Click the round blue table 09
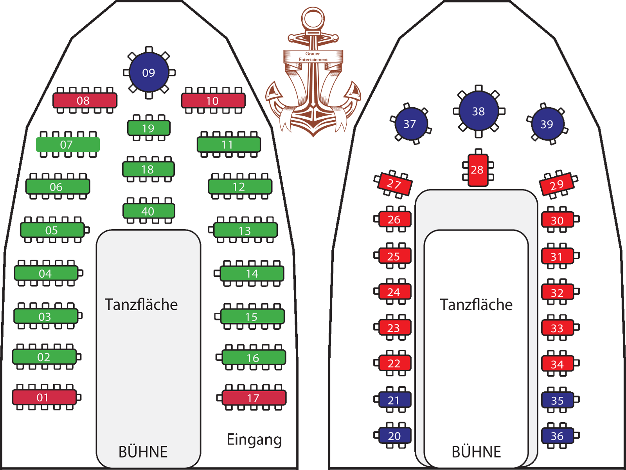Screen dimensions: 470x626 click(149, 72)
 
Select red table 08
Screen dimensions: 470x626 click(85, 100)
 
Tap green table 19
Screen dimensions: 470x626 click(149, 128)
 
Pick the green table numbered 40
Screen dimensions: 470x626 click(149, 211)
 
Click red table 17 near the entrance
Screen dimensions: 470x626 click(254, 398)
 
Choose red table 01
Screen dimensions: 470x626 click(44, 397)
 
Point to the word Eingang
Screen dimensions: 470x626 click(254, 439)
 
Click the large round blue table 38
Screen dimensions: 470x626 click(478, 111)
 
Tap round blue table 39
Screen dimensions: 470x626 click(547, 124)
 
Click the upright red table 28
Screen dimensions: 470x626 click(478, 170)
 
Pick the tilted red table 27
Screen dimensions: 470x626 click(394, 184)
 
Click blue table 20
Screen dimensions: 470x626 click(394, 436)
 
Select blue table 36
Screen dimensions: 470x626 click(558, 436)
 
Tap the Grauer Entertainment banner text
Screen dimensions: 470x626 click(313, 56)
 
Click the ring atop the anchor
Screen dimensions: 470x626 click(313, 18)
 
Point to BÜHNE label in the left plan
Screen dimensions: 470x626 click(143, 452)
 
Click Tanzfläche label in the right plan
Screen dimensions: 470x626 click(476, 304)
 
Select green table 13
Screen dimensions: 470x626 click(245, 230)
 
